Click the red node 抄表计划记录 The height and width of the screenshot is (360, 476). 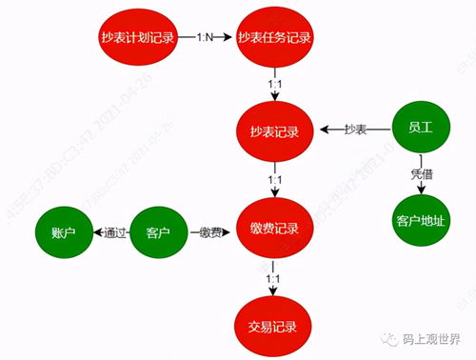139,37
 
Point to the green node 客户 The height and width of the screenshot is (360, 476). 158,230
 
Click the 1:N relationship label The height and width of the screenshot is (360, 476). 208,37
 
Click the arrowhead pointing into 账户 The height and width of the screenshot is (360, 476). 95,230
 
